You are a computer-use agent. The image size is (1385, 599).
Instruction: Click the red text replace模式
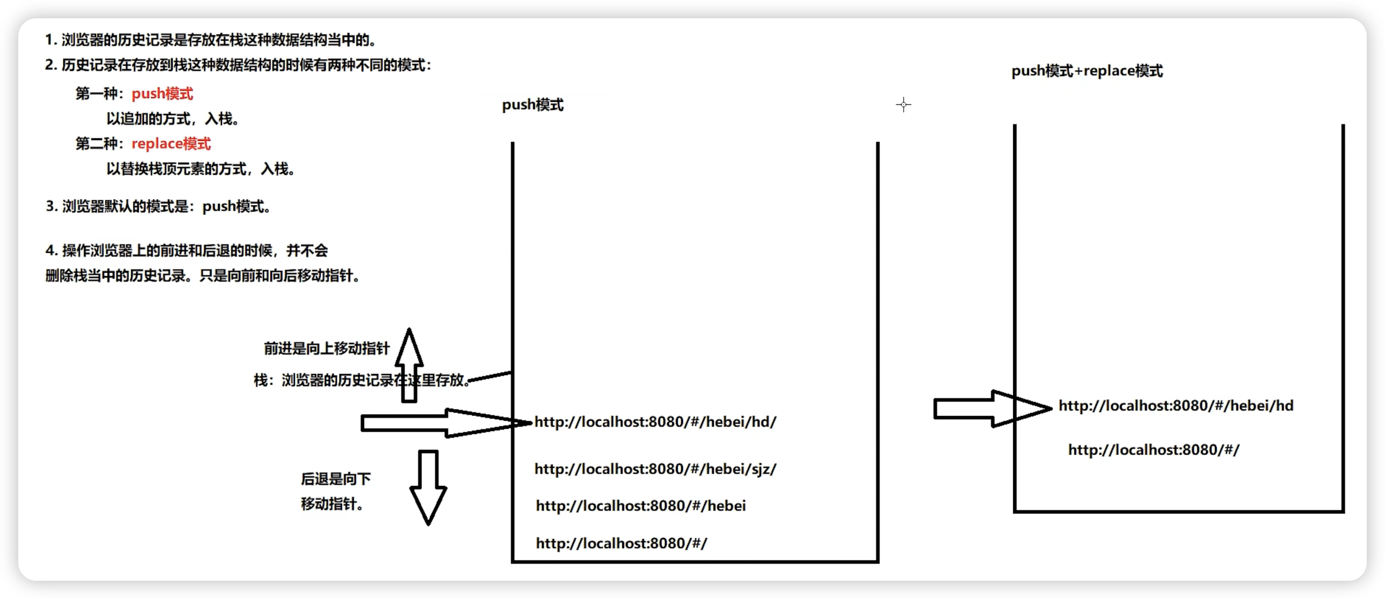[x=171, y=143]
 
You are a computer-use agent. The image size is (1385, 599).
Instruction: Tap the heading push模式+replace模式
[x=1087, y=71]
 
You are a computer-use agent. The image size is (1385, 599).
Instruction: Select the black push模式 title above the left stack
[x=532, y=105]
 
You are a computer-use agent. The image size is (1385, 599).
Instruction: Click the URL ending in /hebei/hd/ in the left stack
[x=655, y=422]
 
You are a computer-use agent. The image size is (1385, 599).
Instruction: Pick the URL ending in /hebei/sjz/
[x=655, y=469]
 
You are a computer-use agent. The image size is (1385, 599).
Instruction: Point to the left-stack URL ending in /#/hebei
[x=640, y=505]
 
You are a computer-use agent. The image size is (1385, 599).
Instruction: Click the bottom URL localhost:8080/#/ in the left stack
[x=621, y=543]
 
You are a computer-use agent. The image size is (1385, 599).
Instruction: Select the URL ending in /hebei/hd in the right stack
[x=1175, y=405]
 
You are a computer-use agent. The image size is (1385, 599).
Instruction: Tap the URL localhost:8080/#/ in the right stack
[x=1153, y=450]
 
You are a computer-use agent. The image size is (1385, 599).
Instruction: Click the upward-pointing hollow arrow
[x=409, y=366]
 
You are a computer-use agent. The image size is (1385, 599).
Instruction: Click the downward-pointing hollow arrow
[x=428, y=486]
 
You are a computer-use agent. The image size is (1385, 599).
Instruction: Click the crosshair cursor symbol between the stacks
[x=903, y=104]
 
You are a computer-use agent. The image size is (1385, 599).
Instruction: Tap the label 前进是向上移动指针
[x=326, y=349]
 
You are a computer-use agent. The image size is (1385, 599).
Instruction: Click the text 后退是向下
[x=335, y=478]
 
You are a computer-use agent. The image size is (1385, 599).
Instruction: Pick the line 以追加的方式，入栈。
[x=173, y=119]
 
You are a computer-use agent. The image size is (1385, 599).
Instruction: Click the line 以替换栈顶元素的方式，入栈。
[x=201, y=169]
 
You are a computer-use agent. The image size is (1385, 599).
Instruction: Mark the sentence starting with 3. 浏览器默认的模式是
[x=159, y=206]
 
